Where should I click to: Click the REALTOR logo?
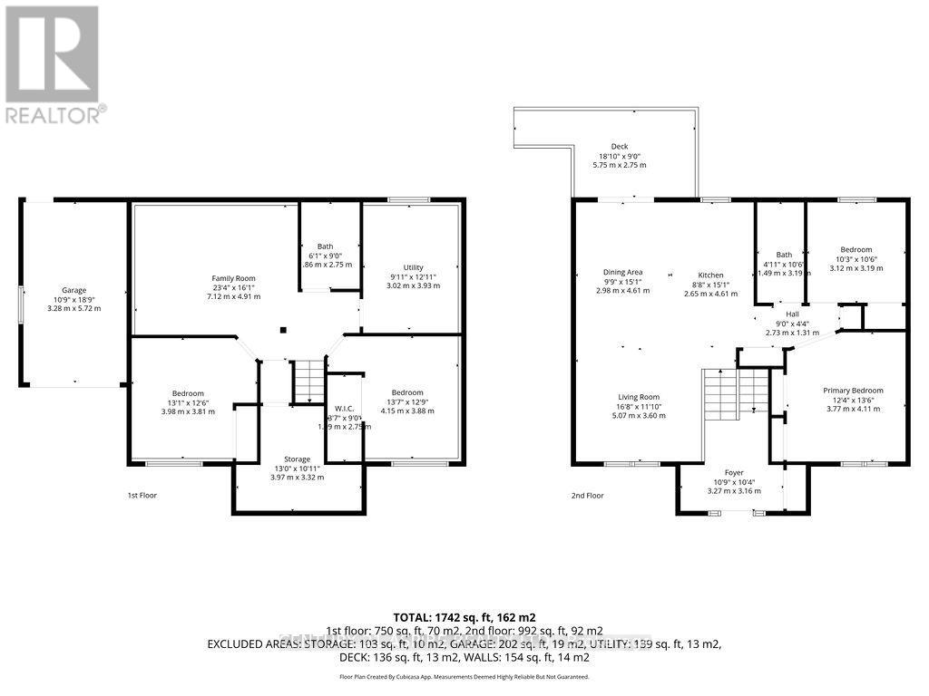click(54, 63)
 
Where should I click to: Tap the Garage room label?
click(74, 290)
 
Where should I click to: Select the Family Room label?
click(233, 278)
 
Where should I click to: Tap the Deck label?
click(619, 147)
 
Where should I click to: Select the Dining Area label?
click(622, 272)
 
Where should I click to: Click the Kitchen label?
click(711, 275)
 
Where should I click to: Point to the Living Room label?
click(639, 397)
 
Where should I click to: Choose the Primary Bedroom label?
click(852, 391)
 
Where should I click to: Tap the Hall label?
click(793, 314)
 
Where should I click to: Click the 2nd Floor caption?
click(586, 496)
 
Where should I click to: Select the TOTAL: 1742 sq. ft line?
click(464, 616)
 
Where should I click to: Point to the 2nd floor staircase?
click(736, 392)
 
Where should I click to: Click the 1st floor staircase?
click(307, 381)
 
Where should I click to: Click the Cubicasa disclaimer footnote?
click(464, 676)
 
